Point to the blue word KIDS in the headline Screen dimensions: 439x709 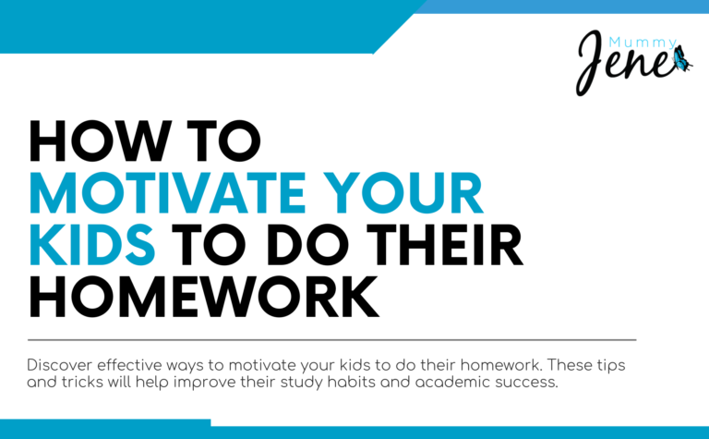pyautogui.click(x=90, y=246)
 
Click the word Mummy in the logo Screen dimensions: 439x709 pyautogui.click(x=642, y=43)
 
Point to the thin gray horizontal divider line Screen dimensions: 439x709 pyautogui.click(x=332, y=340)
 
